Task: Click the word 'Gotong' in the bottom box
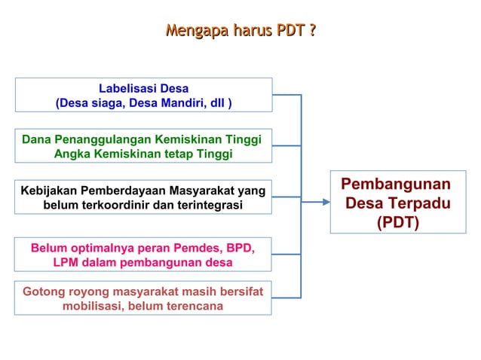point(43,291)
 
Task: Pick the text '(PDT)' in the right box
point(397,224)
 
